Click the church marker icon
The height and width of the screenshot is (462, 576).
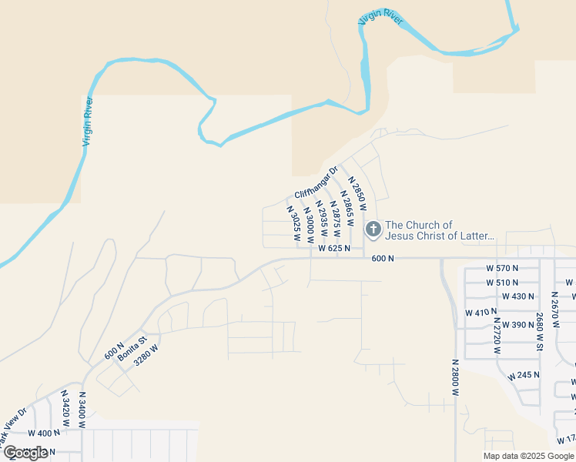(373, 229)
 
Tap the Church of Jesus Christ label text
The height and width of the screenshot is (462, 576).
(440, 230)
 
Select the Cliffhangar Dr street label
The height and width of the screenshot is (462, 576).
(316, 183)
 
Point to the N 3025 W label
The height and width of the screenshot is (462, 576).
(293, 223)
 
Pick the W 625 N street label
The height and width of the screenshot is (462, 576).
(334, 249)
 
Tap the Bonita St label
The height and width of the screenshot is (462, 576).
(132, 345)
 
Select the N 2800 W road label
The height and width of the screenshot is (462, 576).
(455, 377)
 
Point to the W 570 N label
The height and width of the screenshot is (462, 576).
(503, 268)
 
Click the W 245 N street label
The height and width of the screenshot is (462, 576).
(524, 376)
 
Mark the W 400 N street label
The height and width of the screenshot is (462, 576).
(45, 433)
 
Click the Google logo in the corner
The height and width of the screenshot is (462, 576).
(26, 453)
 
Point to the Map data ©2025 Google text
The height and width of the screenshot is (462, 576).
(529, 456)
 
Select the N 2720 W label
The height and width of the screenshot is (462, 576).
(497, 336)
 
